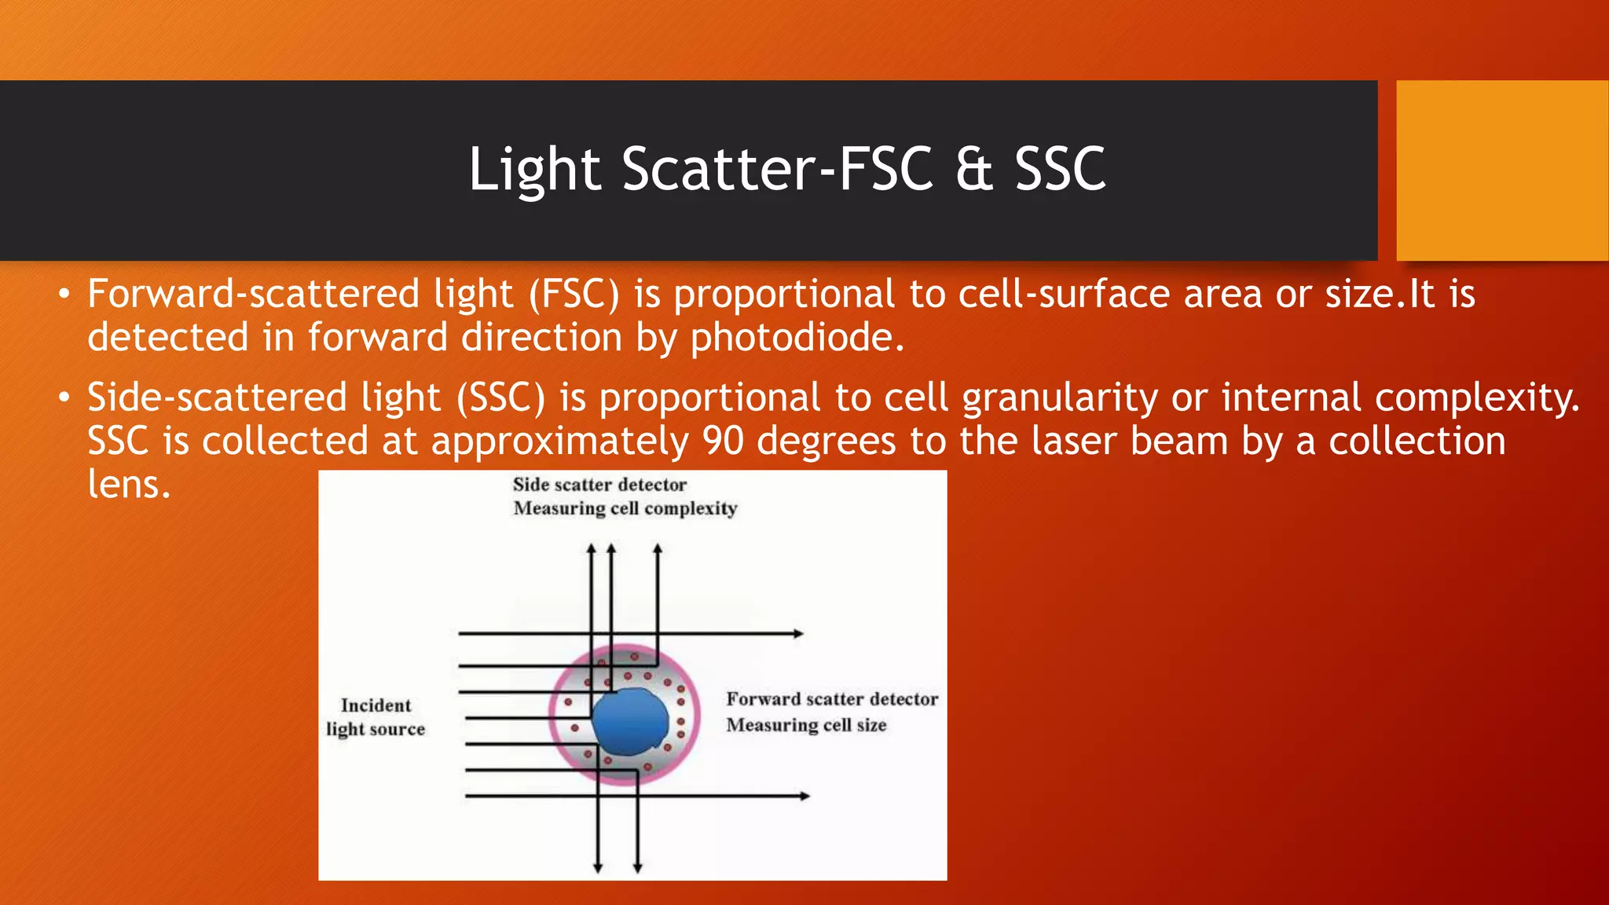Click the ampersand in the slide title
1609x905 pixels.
pyautogui.click(x=974, y=170)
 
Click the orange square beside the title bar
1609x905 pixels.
pyautogui.click(x=1502, y=170)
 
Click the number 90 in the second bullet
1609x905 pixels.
pyautogui.click(x=723, y=441)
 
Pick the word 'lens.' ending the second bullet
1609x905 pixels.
pyautogui.click(x=129, y=484)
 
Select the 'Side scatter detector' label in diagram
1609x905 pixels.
pyautogui.click(x=599, y=485)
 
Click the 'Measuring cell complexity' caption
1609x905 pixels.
pyautogui.click(x=625, y=508)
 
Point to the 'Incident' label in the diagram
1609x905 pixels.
pyautogui.click(x=376, y=705)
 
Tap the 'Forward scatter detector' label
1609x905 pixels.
pyautogui.click(x=831, y=699)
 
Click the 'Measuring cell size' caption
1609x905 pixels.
pyautogui.click(x=806, y=725)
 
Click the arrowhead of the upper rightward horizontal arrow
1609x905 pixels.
pyautogui.click(x=798, y=633)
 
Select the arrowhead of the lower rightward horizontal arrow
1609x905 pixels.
pyautogui.click(x=804, y=796)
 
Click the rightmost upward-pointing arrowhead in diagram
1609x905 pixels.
pyautogui.click(x=658, y=549)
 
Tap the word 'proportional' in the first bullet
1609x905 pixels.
pyautogui.click(x=784, y=295)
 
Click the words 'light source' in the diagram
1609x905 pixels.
pyautogui.click(x=376, y=730)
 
